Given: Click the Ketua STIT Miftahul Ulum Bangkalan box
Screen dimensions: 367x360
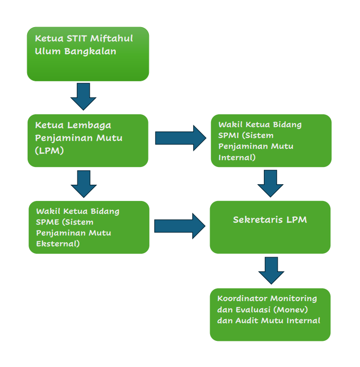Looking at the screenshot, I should [x=88, y=54].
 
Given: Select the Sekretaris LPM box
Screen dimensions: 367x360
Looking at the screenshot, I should [x=270, y=227].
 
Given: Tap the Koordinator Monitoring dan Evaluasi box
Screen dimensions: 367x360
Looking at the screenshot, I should [x=270, y=314].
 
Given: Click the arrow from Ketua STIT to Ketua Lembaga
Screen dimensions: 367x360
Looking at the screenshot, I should [x=83, y=96].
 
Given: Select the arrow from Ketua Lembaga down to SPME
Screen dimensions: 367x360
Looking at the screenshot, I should [x=83, y=183].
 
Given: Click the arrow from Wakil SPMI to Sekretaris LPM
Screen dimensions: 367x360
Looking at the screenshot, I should [x=270, y=183].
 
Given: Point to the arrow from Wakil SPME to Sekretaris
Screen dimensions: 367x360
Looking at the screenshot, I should [x=179, y=226].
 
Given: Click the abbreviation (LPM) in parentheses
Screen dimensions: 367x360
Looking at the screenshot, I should [x=50, y=151].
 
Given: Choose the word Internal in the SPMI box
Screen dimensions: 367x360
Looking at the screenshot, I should [x=237, y=158].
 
